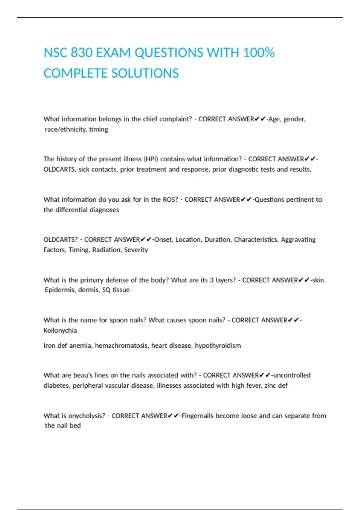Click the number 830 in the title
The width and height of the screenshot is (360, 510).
click(81, 53)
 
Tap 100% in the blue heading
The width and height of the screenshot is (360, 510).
click(259, 53)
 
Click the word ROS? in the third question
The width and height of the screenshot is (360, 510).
click(170, 200)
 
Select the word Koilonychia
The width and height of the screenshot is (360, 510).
click(60, 330)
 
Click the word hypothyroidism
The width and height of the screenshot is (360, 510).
click(218, 346)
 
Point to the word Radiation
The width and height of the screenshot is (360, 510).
click(106, 250)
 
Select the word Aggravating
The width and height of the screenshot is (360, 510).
click(298, 240)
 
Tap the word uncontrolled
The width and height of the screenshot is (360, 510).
click(292, 375)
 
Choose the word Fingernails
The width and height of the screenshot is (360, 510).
click(197, 416)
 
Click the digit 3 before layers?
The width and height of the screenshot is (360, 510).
click(212, 280)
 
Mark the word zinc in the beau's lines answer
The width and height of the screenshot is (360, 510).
click(270, 385)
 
